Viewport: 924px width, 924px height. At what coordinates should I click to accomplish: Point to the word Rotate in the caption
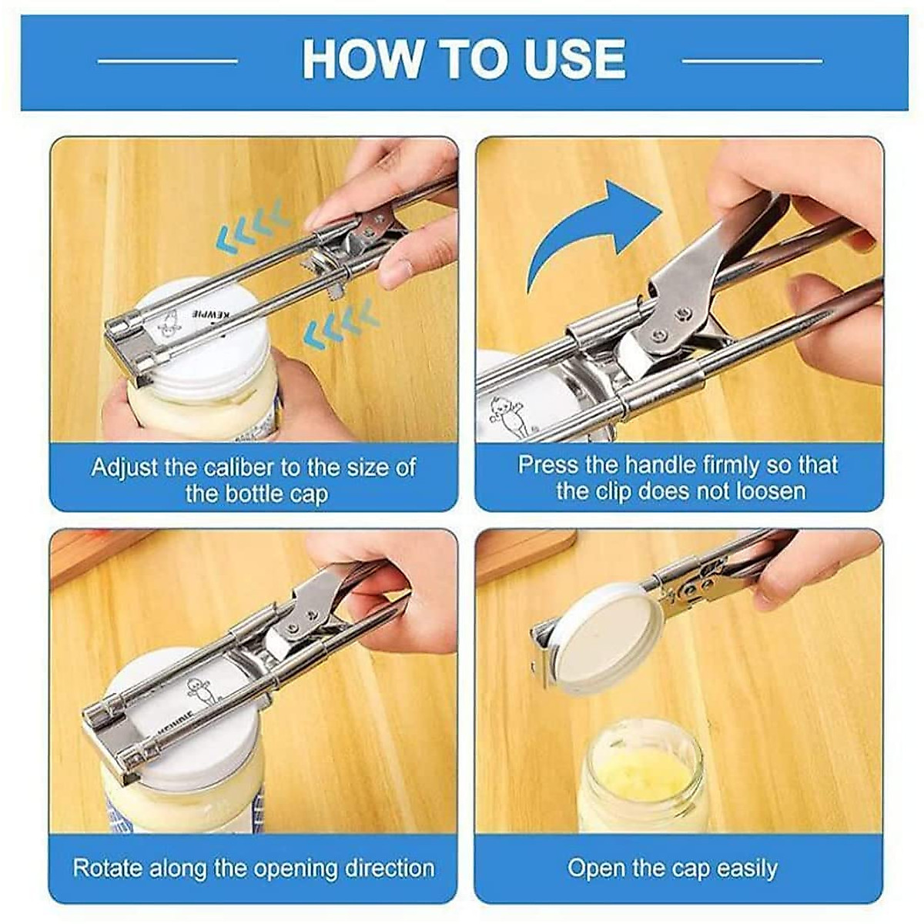107,869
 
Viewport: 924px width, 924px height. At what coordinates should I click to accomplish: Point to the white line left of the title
169,59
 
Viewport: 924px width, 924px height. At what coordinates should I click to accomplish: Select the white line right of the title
752,59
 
